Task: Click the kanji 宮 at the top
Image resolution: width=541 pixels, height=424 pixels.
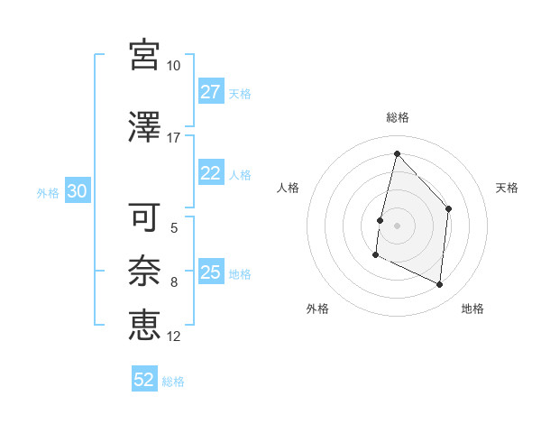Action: click(144, 54)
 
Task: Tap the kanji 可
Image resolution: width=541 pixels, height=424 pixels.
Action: click(144, 217)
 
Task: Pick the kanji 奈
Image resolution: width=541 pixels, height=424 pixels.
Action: click(144, 269)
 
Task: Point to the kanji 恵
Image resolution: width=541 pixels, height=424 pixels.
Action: click(144, 323)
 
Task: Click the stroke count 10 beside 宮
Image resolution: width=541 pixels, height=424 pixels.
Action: click(174, 66)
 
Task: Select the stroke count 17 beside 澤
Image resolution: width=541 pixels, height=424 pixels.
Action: click(174, 138)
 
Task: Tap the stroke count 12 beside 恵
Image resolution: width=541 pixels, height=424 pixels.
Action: click(174, 336)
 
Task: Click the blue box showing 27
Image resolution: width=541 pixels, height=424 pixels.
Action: click(211, 92)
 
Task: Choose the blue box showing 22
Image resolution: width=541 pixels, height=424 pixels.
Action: click(211, 174)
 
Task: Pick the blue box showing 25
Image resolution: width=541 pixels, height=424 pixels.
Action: click(211, 272)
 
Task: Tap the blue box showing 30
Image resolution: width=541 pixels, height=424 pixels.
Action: click(78, 192)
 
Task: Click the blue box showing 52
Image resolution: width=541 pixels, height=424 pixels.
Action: click(144, 381)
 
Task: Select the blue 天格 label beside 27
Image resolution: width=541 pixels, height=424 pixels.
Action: click(240, 93)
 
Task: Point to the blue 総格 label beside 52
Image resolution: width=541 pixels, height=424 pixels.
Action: click(173, 382)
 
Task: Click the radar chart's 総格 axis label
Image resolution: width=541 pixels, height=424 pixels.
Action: click(398, 117)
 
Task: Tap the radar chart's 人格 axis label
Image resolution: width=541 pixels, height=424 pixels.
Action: click(289, 188)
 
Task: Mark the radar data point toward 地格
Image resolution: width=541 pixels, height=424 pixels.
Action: click(440, 285)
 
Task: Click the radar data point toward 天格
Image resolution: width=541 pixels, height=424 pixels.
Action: click(449, 208)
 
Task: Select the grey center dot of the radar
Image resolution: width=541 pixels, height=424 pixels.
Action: click(397, 226)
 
